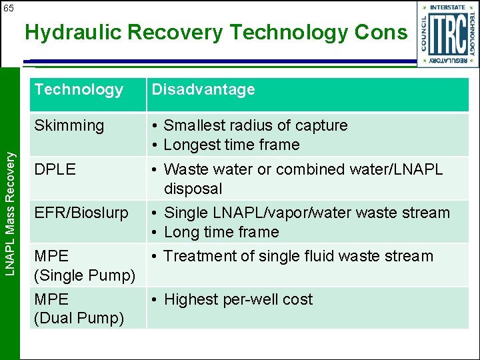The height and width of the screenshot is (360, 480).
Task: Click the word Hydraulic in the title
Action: point(69,32)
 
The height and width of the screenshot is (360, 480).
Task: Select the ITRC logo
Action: point(447,34)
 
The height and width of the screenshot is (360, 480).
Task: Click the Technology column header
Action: point(79,89)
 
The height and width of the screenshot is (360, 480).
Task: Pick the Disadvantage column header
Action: point(203,89)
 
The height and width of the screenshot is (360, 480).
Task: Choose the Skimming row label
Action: point(69,125)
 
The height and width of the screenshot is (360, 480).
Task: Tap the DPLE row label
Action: point(55,169)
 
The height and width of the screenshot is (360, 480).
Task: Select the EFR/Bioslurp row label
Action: point(81,213)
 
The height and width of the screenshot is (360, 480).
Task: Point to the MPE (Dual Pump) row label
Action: point(79,309)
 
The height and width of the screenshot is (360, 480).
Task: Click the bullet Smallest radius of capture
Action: point(255,125)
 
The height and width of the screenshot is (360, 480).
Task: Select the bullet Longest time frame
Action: point(231,145)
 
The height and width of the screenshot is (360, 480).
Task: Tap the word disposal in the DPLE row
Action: point(193,189)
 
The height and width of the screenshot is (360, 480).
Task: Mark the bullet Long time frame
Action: point(221,232)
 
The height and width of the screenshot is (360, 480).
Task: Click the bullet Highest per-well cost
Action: point(238,299)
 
